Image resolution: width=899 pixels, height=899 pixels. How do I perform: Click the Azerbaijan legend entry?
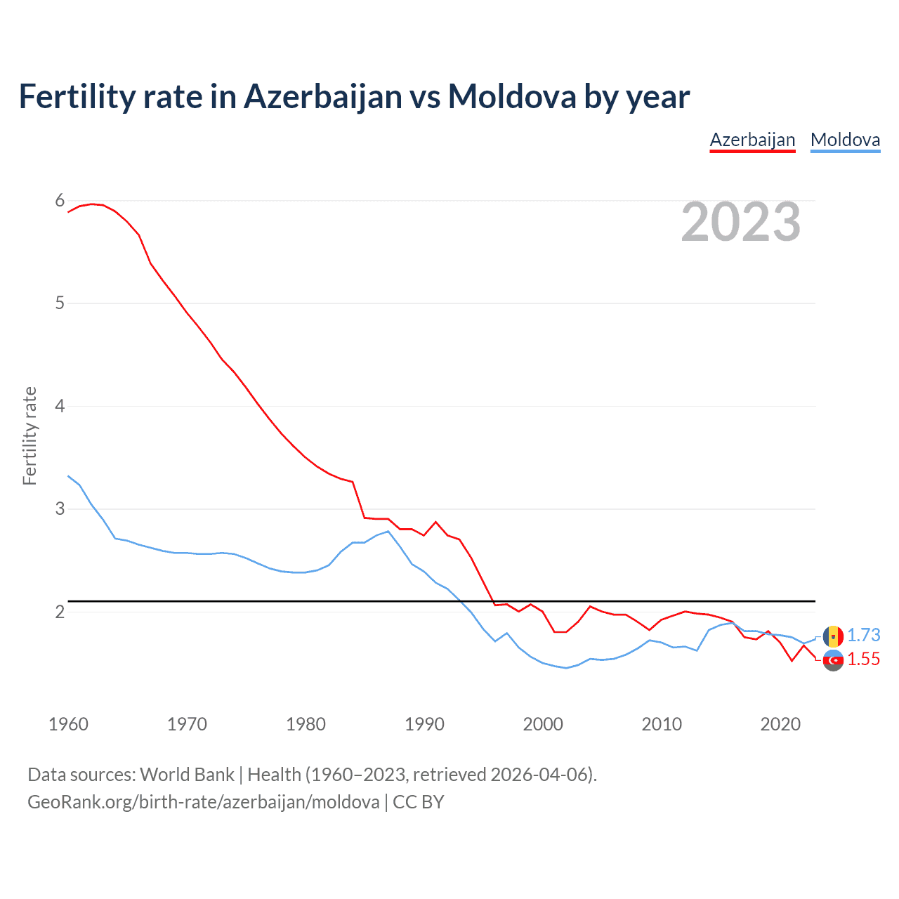tap(752, 140)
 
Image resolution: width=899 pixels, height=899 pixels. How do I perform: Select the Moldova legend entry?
tap(845, 140)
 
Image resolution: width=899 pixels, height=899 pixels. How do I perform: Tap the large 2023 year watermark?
tap(741, 222)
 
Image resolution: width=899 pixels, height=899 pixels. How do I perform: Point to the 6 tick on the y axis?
tap(60, 201)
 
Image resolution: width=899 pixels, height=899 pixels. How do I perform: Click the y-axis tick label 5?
tap(60, 303)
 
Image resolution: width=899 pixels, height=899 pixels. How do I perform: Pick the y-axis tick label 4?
tap(60, 406)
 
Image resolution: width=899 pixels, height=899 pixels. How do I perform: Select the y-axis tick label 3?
tap(60, 508)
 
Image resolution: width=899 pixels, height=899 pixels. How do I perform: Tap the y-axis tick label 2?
tap(60, 612)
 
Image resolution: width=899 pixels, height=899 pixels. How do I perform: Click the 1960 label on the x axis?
tap(68, 724)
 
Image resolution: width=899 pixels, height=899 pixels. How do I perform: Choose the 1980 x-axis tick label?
tap(306, 724)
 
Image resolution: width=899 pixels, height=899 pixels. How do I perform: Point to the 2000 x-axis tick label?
tap(543, 724)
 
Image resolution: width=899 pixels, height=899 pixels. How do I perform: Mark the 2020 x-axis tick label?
tap(780, 724)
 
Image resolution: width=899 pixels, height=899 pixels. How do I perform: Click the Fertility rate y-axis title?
tap(29, 435)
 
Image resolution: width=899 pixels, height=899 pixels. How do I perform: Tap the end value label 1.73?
tap(863, 635)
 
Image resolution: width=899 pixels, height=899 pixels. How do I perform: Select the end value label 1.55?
tap(863, 659)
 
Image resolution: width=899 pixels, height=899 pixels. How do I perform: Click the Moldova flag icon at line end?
tap(833, 636)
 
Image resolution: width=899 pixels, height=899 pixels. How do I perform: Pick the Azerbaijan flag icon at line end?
tap(833, 660)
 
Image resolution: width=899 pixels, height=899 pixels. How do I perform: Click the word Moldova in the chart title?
tap(512, 96)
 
